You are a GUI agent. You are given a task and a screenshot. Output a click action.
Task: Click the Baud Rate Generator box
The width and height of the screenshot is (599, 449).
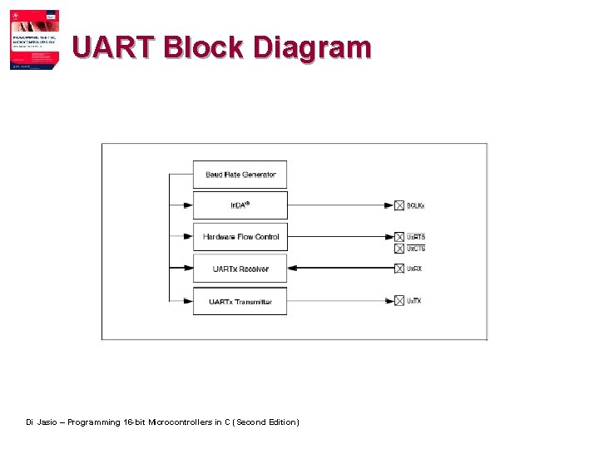[x=240, y=175]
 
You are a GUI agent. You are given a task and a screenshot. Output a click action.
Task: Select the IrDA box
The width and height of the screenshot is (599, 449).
[x=240, y=205]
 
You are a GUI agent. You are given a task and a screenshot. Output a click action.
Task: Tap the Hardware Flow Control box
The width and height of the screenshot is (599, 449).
[x=240, y=237]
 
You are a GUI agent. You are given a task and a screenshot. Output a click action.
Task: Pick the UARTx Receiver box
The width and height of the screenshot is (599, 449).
[x=240, y=269]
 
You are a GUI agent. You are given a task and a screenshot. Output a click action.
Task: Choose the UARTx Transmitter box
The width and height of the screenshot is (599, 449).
[x=240, y=301]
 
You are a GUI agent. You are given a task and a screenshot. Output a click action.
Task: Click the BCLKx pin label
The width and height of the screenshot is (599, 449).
[x=416, y=205]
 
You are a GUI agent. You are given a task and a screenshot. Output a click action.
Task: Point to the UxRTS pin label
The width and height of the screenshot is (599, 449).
[x=416, y=237]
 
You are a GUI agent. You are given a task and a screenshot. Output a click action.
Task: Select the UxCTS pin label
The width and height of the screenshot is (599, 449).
[x=416, y=249]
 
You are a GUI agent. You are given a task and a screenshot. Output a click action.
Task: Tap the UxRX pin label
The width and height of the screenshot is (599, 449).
[x=414, y=269]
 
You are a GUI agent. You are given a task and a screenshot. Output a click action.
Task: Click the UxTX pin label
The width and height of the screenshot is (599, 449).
[x=414, y=301]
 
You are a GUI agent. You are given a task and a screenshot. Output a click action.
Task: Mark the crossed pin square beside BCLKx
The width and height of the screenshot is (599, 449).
[x=399, y=205]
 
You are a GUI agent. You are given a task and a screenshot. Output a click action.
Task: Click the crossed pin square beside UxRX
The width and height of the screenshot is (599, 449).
[x=399, y=269]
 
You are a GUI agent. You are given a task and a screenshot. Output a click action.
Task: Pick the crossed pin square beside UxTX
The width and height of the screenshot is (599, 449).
[x=399, y=301]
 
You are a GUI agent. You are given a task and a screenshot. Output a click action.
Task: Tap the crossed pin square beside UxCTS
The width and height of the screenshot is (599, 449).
[x=399, y=249]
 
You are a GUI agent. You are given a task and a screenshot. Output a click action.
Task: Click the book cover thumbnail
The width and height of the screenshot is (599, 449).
[x=34, y=40]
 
